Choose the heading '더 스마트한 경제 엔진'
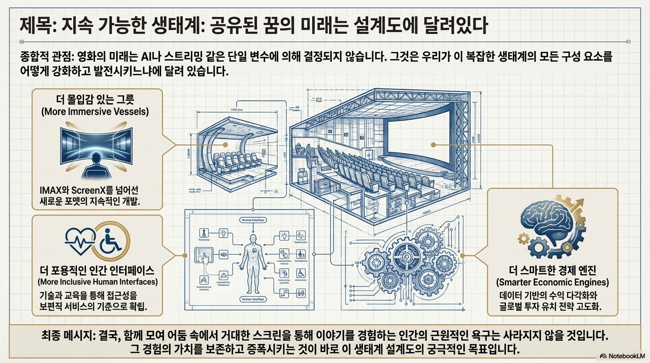(552, 271)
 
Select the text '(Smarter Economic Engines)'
(552, 283)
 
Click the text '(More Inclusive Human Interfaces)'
(97, 283)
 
